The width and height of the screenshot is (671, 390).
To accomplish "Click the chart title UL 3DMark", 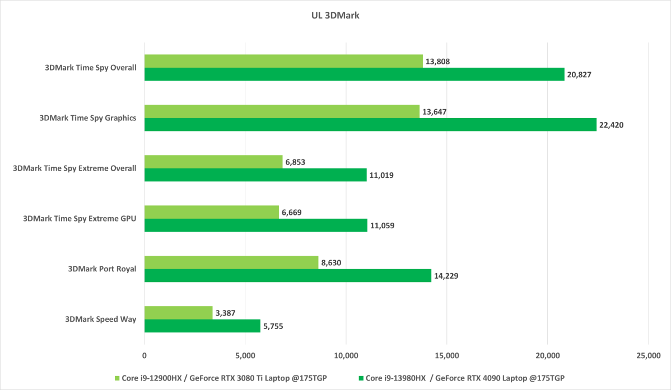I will [335, 16].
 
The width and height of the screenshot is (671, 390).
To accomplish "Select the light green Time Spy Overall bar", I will [283, 61].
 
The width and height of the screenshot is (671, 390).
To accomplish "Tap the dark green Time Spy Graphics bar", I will [370, 124].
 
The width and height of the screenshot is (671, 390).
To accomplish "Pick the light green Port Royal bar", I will [231, 262].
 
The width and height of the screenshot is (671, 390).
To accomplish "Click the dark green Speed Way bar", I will [202, 326].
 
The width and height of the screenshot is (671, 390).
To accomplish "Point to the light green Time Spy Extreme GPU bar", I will [212, 212].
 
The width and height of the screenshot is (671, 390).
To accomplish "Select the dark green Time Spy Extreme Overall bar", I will [255, 175].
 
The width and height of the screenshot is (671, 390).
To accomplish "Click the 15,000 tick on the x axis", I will [446, 355].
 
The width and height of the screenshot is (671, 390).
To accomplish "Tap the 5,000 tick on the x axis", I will [245, 355].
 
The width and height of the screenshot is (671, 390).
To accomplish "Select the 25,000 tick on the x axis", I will [648, 355].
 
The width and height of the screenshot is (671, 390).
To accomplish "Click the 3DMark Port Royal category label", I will [101, 269].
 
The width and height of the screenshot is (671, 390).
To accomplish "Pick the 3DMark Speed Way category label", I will [100, 319].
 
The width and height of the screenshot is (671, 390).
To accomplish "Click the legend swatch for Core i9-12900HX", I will [116, 378].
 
